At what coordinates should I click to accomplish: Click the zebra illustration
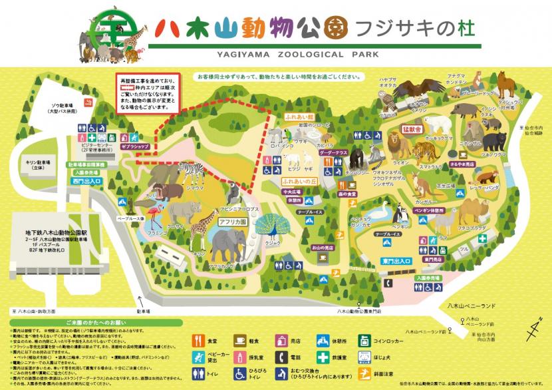(192, 174)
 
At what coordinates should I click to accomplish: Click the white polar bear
(438, 124)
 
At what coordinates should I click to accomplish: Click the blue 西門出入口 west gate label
(84, 180)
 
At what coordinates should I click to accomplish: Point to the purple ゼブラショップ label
(136, 145)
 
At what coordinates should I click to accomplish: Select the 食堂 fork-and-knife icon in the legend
(198, 341)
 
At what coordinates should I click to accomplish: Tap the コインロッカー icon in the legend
(364, 341)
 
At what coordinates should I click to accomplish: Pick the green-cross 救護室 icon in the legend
(323, 357)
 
